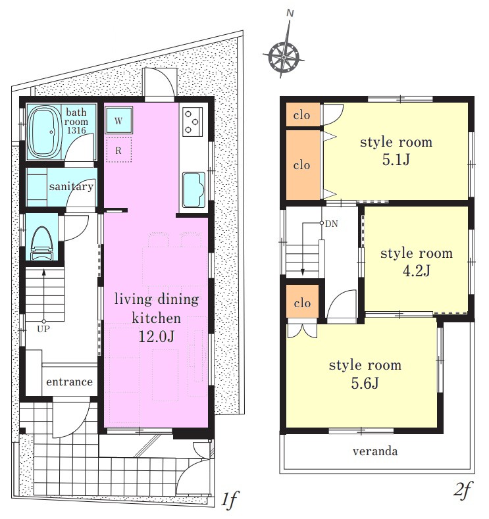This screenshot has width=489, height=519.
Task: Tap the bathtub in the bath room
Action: coord(44,132)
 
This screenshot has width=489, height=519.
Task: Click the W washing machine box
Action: coord(118,120)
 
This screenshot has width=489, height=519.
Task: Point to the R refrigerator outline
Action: coord(118,150)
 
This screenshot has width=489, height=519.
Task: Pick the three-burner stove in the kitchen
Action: coord(192,122)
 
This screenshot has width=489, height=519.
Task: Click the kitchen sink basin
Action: coord(193,189)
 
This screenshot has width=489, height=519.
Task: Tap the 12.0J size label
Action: coord(156,337)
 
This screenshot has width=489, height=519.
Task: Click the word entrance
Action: coord(70,382)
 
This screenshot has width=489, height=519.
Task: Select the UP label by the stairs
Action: coord(43,329)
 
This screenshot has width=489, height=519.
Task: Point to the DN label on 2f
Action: coord(332,224)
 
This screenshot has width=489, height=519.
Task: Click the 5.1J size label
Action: coord(396,160)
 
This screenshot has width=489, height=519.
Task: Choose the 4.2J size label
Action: coord(416,271)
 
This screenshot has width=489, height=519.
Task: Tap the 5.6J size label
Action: coord(365,383)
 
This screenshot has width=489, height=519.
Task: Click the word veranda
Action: coord(375,451)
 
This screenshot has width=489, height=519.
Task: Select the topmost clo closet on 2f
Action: coord(301,115)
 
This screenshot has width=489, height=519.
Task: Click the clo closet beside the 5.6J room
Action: coord(302,303)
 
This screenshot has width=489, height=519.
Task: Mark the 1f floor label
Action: coord(229,499)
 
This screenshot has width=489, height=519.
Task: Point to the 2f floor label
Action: coord(462,491)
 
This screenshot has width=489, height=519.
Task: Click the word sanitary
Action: coord(71,187)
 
